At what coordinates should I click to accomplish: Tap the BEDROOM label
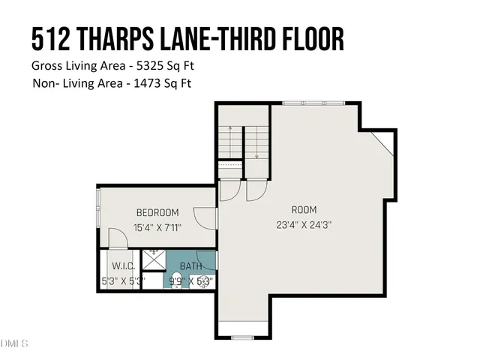coord(157,213)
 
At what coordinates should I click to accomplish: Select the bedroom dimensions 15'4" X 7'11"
coord(157,227)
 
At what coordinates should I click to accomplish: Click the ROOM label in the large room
coord(304,209)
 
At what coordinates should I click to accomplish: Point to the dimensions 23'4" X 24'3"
coord(304,223)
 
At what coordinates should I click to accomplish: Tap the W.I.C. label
coord(122,266)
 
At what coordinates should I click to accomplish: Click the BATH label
coord(190,266)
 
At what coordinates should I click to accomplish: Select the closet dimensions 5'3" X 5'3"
coord(119,281)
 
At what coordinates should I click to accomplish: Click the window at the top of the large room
coord(312,103)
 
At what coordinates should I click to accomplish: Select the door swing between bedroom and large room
coord(204,217)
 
